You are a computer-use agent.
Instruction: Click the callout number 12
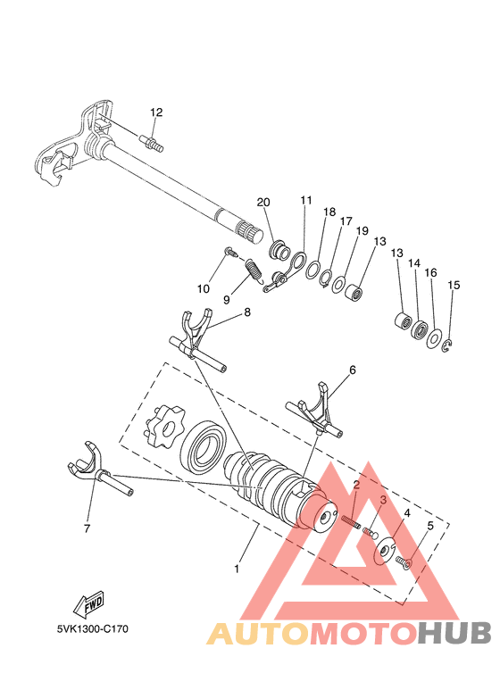click(156, 112)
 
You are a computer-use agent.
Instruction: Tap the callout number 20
click(263, 202)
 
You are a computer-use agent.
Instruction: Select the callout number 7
click(87, 528)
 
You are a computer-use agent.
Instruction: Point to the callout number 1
click(237, 568)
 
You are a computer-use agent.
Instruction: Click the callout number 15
click(454, 285)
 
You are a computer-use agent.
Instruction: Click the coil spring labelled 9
click(254, 269)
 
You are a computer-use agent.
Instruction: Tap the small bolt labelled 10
click(229, 254)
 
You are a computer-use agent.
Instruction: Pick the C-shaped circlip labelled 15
click(448, 345)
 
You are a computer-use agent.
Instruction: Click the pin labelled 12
click(151, 141)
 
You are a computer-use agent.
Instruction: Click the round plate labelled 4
click(382, 551)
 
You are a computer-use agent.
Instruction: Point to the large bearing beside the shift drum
click(204, 445)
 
